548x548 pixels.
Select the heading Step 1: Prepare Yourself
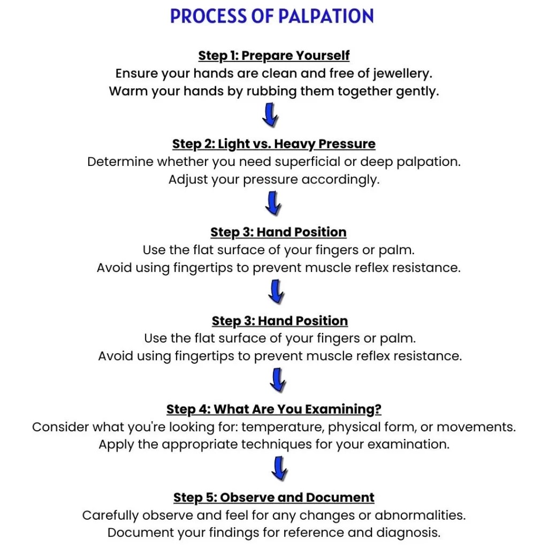tap(273, 56)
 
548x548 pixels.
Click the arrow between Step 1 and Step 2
tap(271, 115)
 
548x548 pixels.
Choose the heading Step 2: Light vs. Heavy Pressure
tap(273, 144)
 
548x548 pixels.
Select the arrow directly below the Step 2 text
tap(273, 203)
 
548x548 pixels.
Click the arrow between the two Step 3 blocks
tap(277, 292)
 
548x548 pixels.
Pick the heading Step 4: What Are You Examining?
tap(273, 409)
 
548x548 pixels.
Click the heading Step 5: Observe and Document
tap(273, 498)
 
